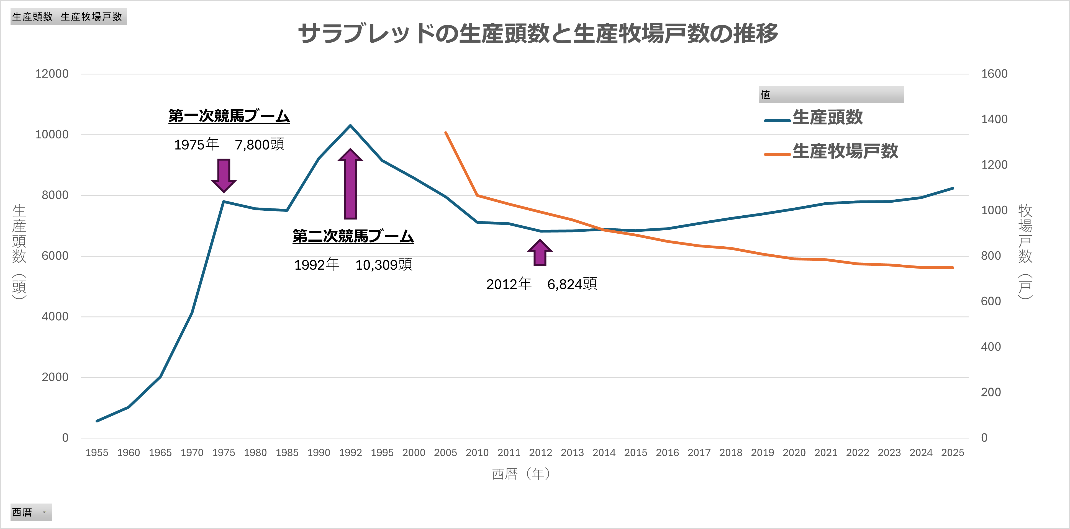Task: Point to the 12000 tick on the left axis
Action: pos(52,74)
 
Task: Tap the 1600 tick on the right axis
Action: pos(994,74)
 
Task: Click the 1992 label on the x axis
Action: pos(350,453)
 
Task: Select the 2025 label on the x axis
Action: pos(953,453)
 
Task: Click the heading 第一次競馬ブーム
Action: pos(229,116)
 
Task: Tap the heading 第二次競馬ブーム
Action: pos(353,236)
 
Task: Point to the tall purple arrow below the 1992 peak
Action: pos(350,184)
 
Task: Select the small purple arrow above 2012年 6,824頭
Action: pos(540,252)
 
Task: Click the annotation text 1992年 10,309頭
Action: pos(353,265)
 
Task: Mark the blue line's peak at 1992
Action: pos(350,125)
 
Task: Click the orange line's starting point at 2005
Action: pos(446,133)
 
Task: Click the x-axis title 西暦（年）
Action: pos(521,474)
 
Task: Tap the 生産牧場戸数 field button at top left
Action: pos(92,17)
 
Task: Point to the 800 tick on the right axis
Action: pos(991,256)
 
